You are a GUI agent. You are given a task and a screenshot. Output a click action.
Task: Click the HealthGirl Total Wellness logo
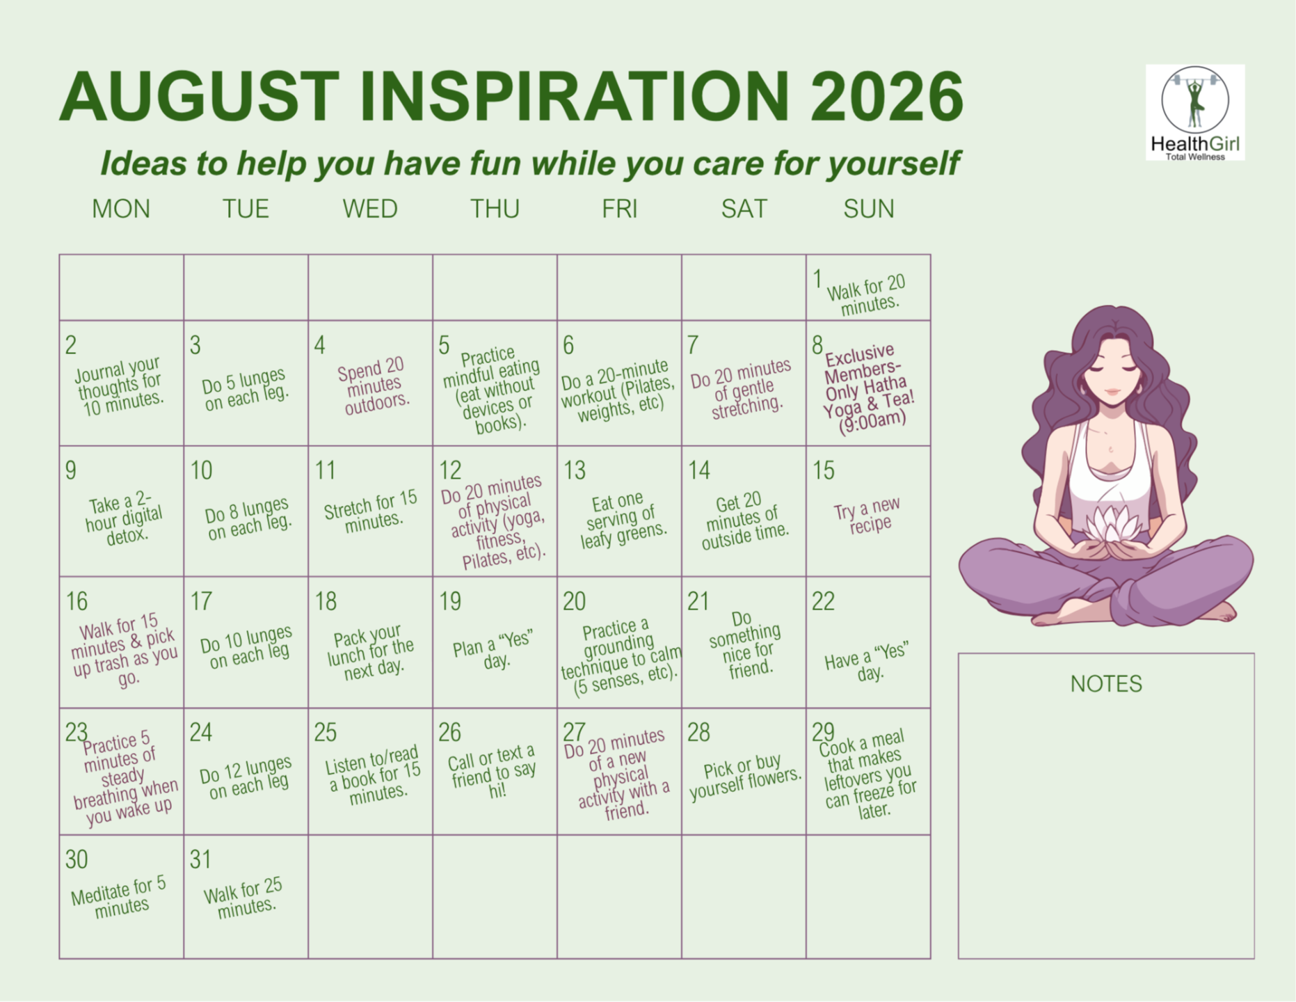[x=1195, y=113]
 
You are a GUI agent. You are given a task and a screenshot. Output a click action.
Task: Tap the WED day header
[x=370, y=209]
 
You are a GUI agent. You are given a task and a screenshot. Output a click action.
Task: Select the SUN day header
[x=869, y=209]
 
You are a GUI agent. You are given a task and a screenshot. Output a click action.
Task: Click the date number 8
[x=818, y=344]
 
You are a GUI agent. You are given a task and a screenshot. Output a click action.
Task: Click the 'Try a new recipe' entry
[x=867, y=515]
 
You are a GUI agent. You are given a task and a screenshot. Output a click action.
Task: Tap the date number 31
[x=200, y=859]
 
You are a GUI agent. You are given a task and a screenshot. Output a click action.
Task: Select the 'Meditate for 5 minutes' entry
[x=119, y=898]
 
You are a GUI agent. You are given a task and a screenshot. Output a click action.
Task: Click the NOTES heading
[x=1106, y=684]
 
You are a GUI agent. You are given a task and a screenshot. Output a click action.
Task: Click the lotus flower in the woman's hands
[x=1112, y=525]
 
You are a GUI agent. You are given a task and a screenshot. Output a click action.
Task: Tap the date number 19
[x=450, y=601]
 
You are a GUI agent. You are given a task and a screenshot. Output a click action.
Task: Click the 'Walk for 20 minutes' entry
[x=867, y=296]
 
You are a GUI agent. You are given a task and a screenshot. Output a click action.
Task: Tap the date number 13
[x=575, y=470]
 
